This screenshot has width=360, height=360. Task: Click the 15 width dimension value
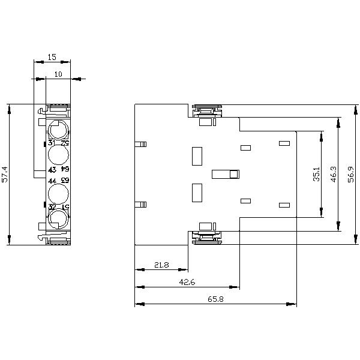[52, 57]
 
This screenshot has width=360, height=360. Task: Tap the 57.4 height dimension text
[5, 175]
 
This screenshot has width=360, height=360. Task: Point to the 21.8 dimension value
[161, 265]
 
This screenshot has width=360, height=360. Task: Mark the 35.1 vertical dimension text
[316, 175]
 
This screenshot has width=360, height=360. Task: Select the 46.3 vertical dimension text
[334, 175]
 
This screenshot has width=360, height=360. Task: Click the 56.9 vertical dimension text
[351, 175]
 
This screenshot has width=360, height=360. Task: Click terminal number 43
[52, 169]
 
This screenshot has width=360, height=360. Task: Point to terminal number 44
[52, 181]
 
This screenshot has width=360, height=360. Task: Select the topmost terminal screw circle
[58, 130]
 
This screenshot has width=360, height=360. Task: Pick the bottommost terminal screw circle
[58, 220]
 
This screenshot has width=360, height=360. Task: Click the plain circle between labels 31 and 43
[58, 156]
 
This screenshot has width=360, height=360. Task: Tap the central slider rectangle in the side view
[226, 174]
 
